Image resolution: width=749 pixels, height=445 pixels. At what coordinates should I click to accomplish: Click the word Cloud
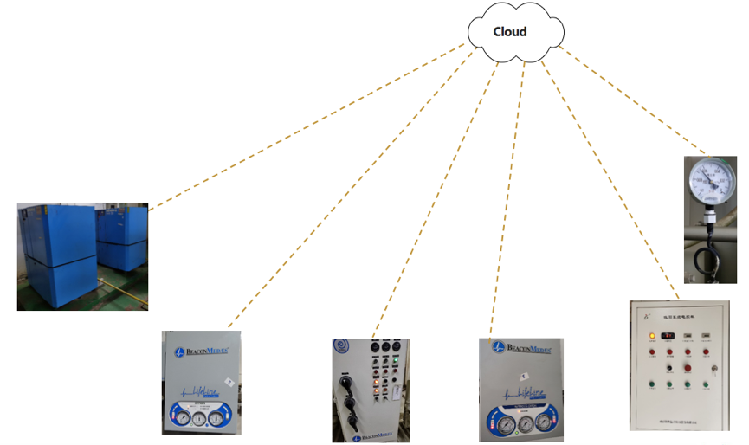(x=510, y=32)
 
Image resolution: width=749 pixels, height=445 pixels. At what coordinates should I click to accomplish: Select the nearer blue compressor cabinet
(x=57, y=255)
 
